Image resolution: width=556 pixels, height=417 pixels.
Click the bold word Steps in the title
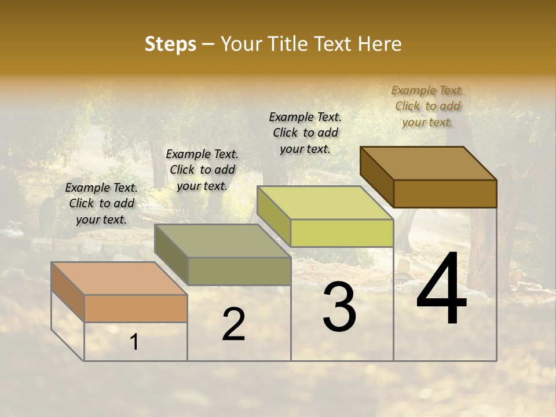coord(170,44)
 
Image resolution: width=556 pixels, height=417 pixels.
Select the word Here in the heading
coord(379,44)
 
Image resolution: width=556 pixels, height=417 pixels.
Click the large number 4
coord(441,290)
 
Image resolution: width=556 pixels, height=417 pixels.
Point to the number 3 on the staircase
coord(339,307)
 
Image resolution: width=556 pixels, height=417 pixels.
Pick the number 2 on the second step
coord(233,324)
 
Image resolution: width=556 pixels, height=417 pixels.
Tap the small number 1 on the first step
coord(134,342)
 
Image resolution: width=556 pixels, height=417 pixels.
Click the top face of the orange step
coord(119,279)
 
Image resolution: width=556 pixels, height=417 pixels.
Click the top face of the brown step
coord(428,163)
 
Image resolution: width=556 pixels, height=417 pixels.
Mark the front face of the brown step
coord(445,193)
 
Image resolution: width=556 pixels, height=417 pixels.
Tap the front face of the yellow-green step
coord(342,233)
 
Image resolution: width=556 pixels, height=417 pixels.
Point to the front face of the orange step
coord(136,308)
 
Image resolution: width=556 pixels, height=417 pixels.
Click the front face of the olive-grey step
coord(239,271)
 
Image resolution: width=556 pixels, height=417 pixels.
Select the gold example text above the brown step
coord(427,106)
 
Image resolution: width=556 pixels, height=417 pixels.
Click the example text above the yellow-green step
coord(305,133)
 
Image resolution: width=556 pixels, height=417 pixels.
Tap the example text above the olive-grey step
coord(202,170)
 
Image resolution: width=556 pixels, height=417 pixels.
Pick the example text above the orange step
coord(101,203)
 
